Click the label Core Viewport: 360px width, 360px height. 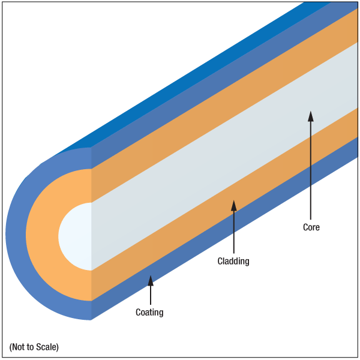click(x=311, y=227)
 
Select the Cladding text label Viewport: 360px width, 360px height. click(x=233, y=261)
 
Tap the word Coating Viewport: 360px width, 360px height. click(x=149, y=313)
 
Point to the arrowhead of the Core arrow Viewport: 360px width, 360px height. click(x=311, y=116)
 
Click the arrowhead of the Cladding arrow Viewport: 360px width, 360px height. click(x=234, y=205)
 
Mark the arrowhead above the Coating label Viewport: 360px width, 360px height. click(x=151, y=281)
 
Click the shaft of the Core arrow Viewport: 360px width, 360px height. click(x=311, y=170)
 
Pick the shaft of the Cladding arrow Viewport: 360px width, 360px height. click(x=234, y=232)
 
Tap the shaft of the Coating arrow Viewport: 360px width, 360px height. click(x=151, y=295)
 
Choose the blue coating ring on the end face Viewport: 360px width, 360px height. click(x=16, y=234)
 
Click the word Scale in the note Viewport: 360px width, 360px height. click(x=47, y=347)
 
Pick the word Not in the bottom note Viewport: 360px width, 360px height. click(x=17, y=347)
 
